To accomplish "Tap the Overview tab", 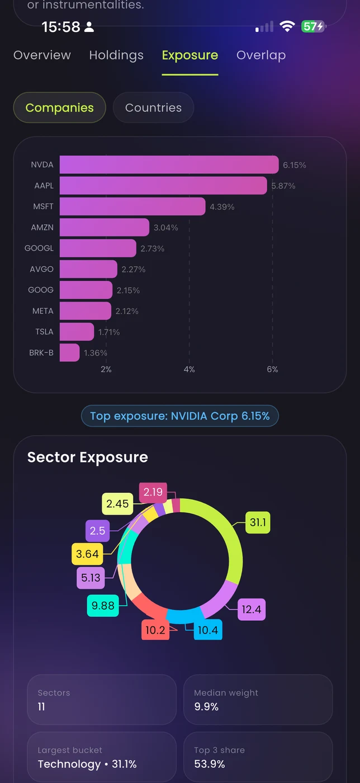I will coord(42,55).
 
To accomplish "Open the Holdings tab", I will coord(116,55).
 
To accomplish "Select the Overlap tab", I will coord(261,55).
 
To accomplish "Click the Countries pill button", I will coord(153,108).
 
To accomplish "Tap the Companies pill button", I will coord(60,108).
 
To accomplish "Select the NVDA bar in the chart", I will coord(169,165).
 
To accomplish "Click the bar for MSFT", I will coord(132,206).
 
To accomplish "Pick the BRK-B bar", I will coord(69,353).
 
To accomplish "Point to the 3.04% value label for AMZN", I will coord(166,228).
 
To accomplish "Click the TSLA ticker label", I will coord(44,332).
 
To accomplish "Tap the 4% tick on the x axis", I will coord(189,370).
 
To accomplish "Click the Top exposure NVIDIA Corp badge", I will coord(180,416).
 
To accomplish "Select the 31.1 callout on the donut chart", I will coord(258,523).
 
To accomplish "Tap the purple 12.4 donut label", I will coord(252,610).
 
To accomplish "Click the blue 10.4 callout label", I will coord(208,630).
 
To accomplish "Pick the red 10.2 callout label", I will coord(155,630).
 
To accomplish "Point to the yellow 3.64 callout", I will coord(87,554).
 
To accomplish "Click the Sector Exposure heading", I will coord(88,457).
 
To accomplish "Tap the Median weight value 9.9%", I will coord(206,707).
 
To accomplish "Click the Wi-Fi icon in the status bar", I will coord(287,26).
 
